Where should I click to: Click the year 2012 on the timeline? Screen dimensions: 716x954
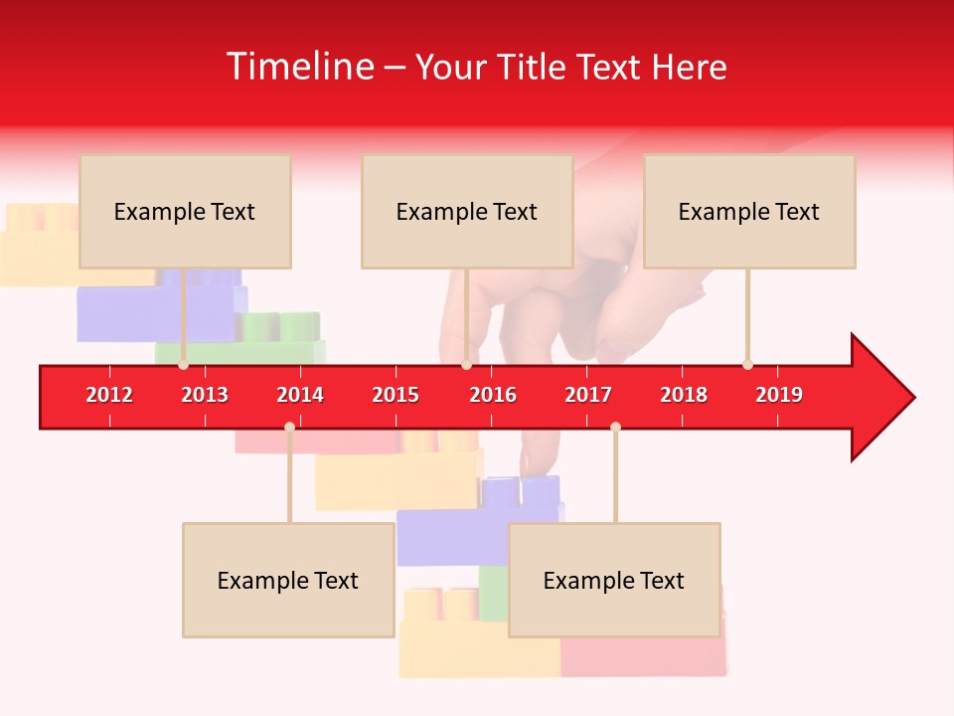(x=109, y=395)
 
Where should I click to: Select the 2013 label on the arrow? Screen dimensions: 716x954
(x=205, y=395)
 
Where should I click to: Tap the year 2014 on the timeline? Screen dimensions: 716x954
(x=300, y=395)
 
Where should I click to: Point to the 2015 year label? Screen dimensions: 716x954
(x=396, y=395)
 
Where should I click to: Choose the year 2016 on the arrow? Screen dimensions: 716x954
(x=493, y=395)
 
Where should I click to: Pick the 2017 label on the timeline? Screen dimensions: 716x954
(x=588, y=395)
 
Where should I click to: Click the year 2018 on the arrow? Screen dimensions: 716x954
(x=684, y=395)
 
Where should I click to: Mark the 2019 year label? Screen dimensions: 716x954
(x=779, y=395)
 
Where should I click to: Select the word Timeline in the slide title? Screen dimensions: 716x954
(x=298, y=67)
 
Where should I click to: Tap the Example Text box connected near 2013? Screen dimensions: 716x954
(x=185, y=211)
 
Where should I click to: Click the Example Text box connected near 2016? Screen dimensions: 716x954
(x=467, y=211)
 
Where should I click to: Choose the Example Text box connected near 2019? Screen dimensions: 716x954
(x=749, y=211)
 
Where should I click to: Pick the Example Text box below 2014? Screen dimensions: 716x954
(x=288, y=580)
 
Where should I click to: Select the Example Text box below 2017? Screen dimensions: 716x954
(x=614, y=580)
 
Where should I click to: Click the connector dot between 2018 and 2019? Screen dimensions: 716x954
(x=747, y=365)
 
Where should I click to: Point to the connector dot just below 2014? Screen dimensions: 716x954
(x=289, y=427)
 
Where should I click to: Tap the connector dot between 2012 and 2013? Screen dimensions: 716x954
(x=184, y=365)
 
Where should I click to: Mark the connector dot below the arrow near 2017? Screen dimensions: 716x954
(x=615, y=427)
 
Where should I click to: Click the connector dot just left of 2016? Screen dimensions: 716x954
(x=466, y=365)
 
